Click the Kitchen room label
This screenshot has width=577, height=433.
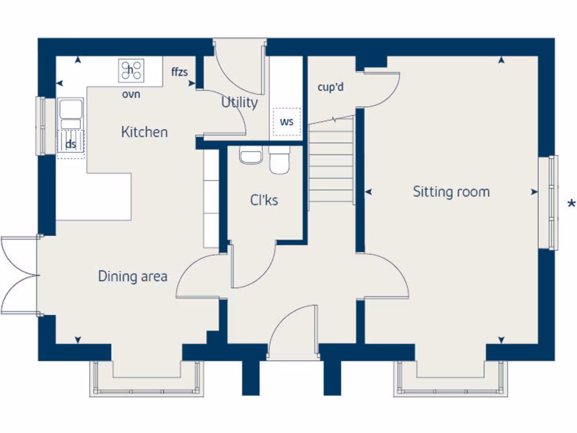click(x=144, y=132)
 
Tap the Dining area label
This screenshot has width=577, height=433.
click(x=132, y=276)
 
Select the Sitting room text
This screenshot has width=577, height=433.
click(x=451, y=192)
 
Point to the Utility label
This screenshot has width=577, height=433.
click(x=239, y=103)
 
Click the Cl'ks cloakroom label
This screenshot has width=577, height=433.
click(x=264, y=200)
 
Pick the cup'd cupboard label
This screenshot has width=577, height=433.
click(x=331, y=87)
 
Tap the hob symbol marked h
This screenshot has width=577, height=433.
click(x=131, y=70)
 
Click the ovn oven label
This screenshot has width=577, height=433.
click(x=131, y=94)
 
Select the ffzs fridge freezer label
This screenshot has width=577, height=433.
click(x=180, y=72)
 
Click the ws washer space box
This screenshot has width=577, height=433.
click(x=287, y=122)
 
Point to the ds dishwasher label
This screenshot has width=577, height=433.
click(x=70, y=144)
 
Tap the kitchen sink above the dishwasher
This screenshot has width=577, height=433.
click(x=70, y=113)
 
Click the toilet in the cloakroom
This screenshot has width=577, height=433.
click(x=278, y=160)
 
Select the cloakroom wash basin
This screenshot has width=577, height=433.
click(x=251, y=155)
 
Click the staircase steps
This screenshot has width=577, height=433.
click(x=331, y=164)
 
